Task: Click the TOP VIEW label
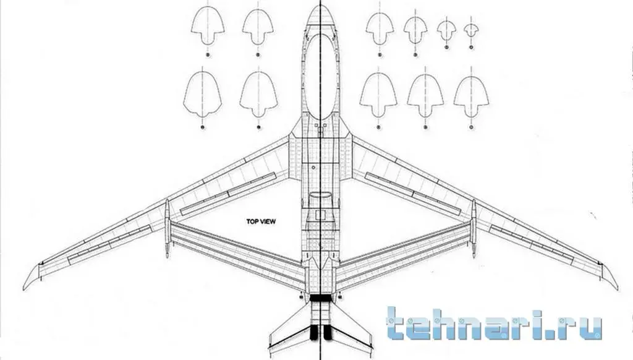click(261, 221)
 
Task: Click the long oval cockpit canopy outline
click(320, 74)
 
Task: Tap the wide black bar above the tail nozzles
click(320, 299)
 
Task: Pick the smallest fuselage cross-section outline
click(471, 29)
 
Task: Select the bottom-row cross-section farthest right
click(471, 96)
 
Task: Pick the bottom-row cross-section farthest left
click(202, 96)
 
